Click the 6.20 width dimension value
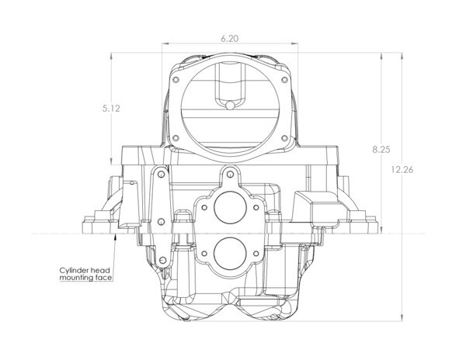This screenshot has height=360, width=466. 229,39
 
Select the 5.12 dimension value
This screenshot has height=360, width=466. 111,109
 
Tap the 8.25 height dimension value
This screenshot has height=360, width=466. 381,150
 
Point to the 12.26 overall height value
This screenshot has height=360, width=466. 402,170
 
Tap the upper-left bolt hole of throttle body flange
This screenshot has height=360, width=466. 176,80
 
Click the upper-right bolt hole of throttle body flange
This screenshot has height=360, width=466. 284,80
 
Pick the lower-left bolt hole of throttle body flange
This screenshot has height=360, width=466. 176,138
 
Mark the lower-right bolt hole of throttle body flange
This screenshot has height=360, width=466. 284,138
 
